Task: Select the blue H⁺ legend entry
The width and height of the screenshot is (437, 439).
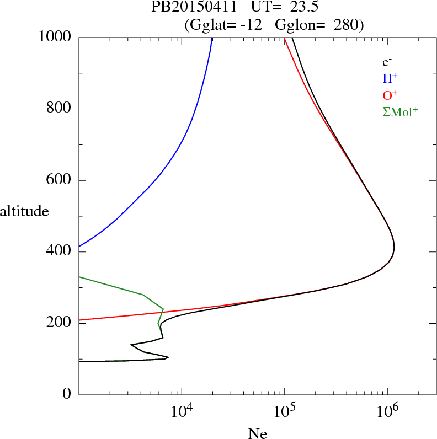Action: click(390, 78)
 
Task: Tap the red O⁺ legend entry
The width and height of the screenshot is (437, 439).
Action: click(391, 95)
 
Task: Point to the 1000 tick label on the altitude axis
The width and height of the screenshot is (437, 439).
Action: click(55, 37)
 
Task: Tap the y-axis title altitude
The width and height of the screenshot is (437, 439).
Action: click(24, 211)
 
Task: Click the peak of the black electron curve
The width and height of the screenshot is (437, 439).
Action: click(394, 248)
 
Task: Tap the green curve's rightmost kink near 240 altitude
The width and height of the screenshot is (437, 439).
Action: click(163, 309)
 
